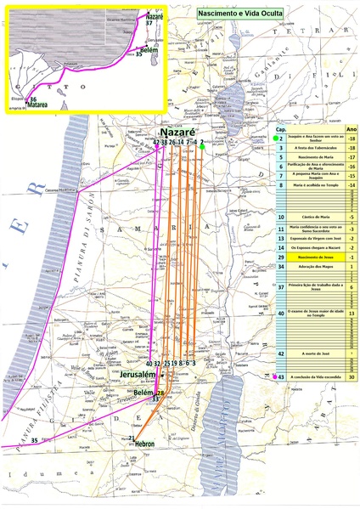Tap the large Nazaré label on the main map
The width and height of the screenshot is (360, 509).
[x=178, y=133]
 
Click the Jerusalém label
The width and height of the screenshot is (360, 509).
[x=138, y=375]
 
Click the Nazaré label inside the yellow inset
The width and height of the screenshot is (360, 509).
[x=154, y=16]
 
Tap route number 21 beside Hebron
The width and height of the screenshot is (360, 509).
[x=132, y=438]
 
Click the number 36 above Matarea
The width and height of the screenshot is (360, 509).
[x=32, y=99]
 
